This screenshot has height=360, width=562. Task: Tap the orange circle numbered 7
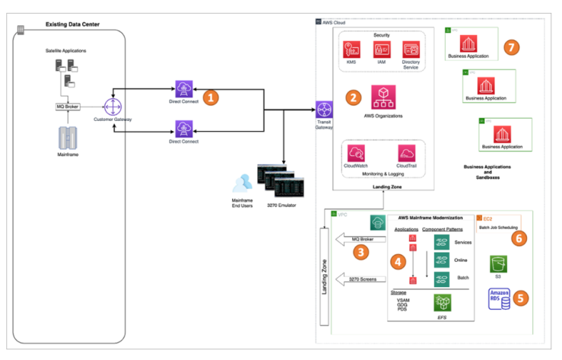(x=510, y=48)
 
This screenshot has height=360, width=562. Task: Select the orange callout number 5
(x=519, y=298)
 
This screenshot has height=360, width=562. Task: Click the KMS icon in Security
(x=351, y=51)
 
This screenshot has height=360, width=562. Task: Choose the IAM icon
(x=382, y=51)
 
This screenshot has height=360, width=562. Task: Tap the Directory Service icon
(x=411, y=50)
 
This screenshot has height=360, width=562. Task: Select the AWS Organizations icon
(x=383, y=97)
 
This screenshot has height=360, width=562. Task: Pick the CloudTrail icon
(x=406, y=151)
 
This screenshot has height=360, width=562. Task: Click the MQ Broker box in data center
(x=69, y=106)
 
